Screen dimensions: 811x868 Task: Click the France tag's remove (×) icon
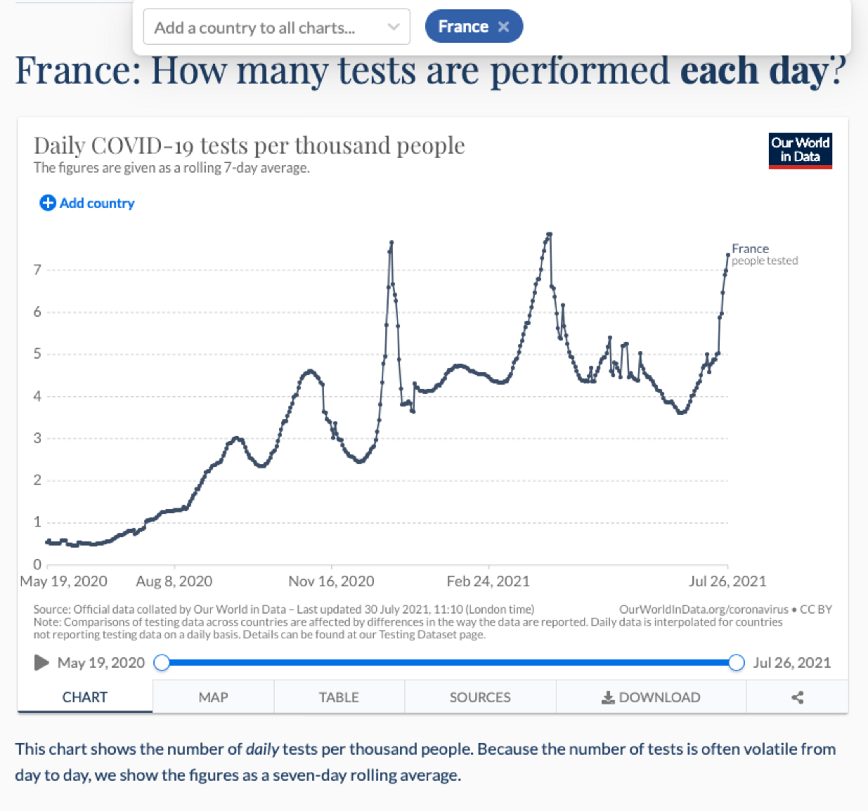tap(503, 27)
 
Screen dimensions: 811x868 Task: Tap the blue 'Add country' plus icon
tap(48, 203)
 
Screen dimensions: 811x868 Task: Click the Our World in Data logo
tap(800, 150)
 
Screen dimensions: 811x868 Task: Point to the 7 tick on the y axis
tap(37, 270)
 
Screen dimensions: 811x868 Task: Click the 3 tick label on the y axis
tap(37, 438)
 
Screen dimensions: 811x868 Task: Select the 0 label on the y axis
tap(37, 564)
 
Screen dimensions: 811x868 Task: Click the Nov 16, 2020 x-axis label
tap(331, 581)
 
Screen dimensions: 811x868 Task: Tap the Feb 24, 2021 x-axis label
tap(488, 581)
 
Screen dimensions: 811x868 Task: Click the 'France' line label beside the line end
tap(750, 249)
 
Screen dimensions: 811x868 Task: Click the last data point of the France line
tap(728, 255)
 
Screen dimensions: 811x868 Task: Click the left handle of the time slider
tap(161, 663)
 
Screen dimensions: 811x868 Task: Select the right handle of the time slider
tap(736, 663)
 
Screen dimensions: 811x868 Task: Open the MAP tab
tap(213, 697)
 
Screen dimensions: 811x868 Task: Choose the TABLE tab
tap(339, 697)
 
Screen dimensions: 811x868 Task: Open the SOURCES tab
tap(480, 697)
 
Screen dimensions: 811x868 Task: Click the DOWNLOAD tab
tap(651, 697)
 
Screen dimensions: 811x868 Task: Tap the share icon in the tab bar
tap(797, 697)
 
